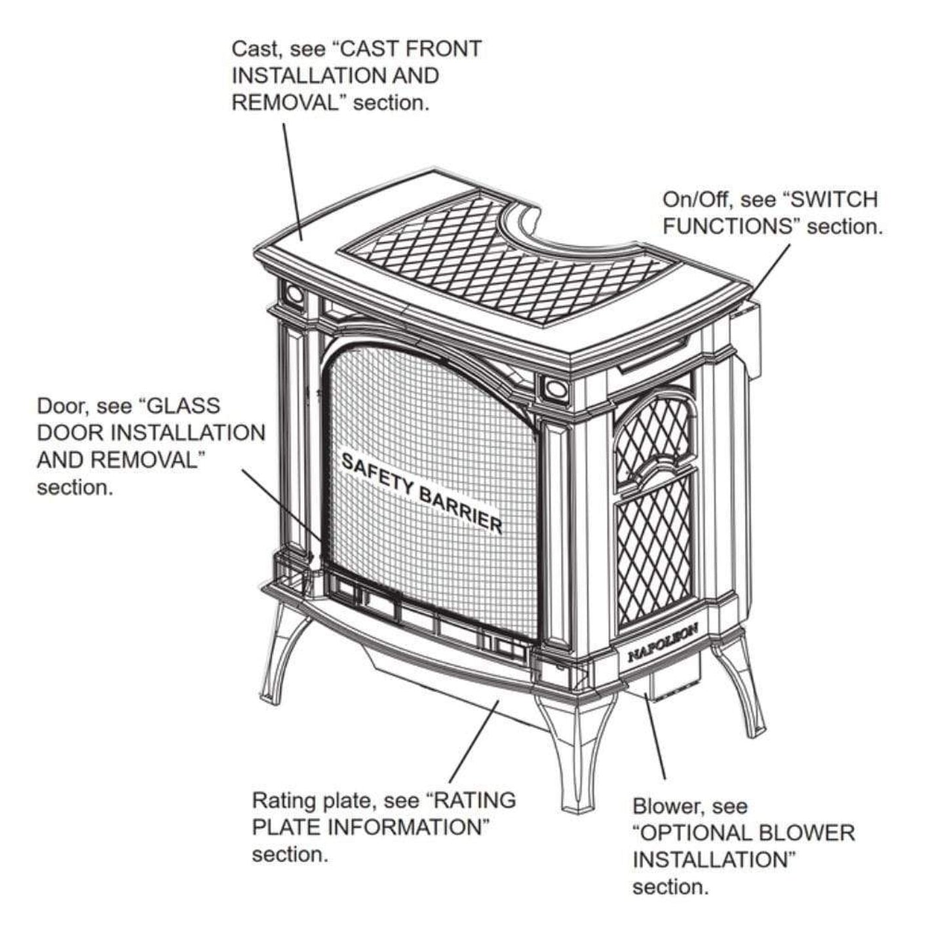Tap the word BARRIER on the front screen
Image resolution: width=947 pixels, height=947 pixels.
click(461, 508)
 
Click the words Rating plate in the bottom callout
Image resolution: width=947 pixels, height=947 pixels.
click(311, 801)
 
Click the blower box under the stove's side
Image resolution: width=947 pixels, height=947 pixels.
click(662, 685)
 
